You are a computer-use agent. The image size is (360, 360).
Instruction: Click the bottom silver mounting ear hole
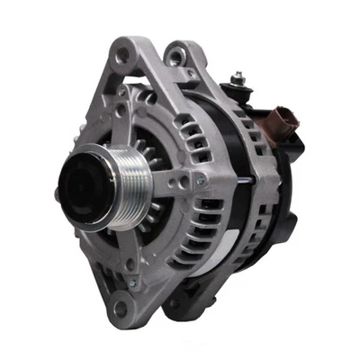(121, 310)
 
